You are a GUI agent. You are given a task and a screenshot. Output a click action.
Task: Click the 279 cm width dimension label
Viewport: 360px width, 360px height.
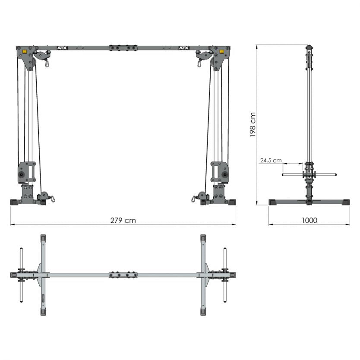(x=123, y=220)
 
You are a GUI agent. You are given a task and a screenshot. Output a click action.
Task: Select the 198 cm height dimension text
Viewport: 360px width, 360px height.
(x=253, y=124)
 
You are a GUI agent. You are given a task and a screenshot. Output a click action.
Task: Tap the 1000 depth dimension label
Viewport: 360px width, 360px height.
(x=309, y=220)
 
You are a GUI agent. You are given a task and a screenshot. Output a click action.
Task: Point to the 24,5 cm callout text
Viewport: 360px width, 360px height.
(x=271, y=161)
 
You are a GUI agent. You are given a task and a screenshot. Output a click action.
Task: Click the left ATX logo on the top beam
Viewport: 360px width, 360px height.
(x=63, y=48)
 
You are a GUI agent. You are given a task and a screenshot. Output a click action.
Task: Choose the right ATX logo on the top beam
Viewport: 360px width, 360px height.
(x=184, y=48)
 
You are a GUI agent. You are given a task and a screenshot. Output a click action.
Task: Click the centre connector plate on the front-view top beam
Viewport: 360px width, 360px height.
(x=123, y=48)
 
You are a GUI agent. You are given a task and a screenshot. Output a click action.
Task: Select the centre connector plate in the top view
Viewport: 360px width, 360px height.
(x=123, y=275)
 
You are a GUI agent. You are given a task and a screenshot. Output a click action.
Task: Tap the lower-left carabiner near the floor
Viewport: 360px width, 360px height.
(x=52, y=199)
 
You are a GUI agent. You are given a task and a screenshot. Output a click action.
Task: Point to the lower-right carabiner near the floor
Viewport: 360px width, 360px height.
(x=194, y=199)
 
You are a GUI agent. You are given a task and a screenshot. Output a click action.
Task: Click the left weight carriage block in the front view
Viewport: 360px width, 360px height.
(x=26, y=172)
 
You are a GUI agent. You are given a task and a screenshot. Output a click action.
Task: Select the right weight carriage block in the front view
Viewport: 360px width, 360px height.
(x=220, y=172)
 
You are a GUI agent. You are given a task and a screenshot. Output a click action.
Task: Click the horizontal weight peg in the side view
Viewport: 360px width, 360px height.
(x=309, y=174)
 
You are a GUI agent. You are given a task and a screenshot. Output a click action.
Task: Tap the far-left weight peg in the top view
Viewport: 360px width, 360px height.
(x=21, y=275)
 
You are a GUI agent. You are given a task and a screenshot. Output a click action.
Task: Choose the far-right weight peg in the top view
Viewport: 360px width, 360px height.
(x=225, y=275)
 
